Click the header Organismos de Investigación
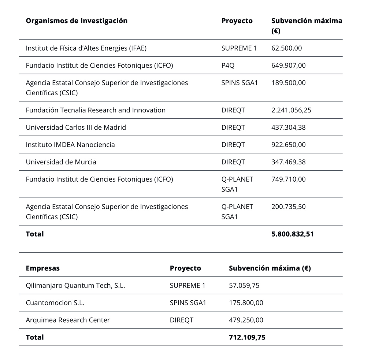[x=77, y=21]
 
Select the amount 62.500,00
[x=287, y=48]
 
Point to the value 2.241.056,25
[x=292, y=110]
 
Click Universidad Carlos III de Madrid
[x=76, y=127]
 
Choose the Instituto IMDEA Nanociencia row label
[x=70, y=145]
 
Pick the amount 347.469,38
[x=289, y=162]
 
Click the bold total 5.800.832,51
[x=293, y=234]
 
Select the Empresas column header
[x=42, y=268]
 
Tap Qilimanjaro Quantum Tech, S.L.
[x=75, y=286]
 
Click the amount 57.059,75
[x=244, y=286]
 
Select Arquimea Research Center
[x=68, y=320]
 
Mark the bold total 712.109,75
[x=247, y=337]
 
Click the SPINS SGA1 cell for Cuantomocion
[x=188, y=303]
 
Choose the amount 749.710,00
[x=289, y=179]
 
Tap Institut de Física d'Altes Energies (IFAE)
[x=86, y=48]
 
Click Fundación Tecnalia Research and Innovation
[x=96, y=110]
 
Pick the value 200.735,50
[x=289, y=207]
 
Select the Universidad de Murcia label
[x=61, y=162]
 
